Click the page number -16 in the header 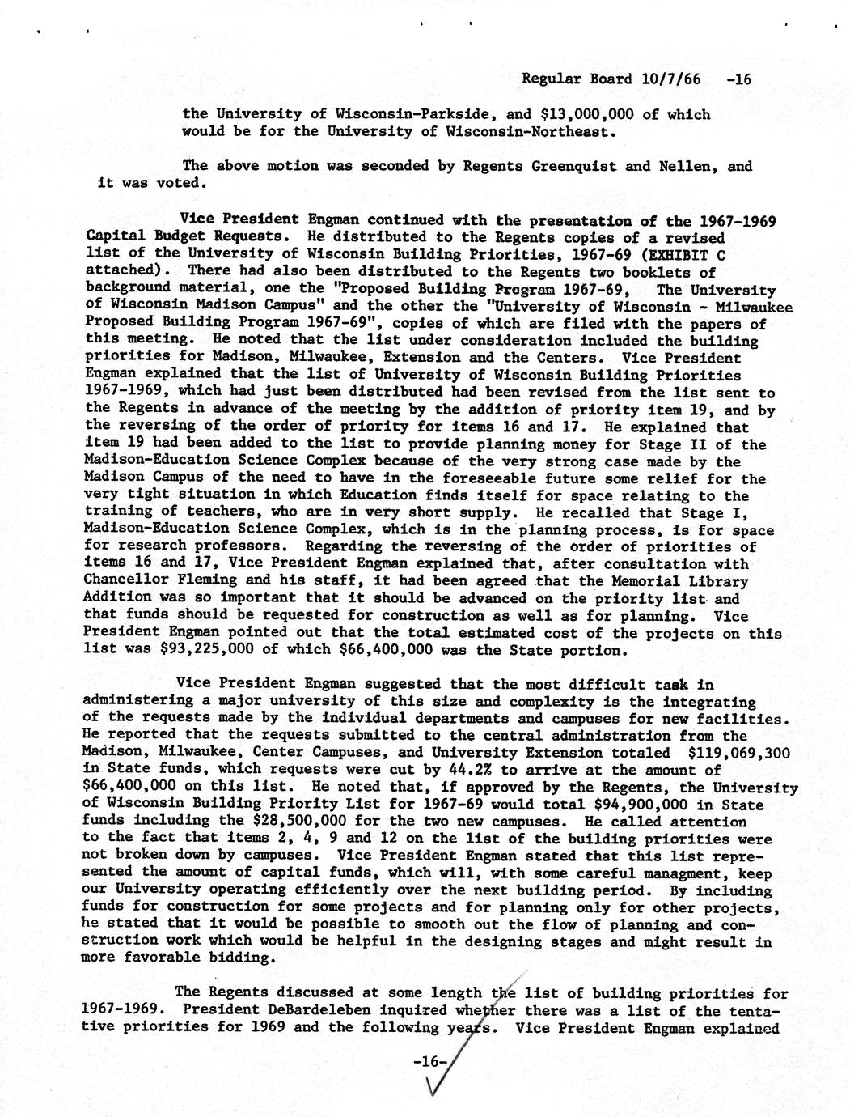739,79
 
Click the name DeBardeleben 300,1010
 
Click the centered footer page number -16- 430,1061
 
